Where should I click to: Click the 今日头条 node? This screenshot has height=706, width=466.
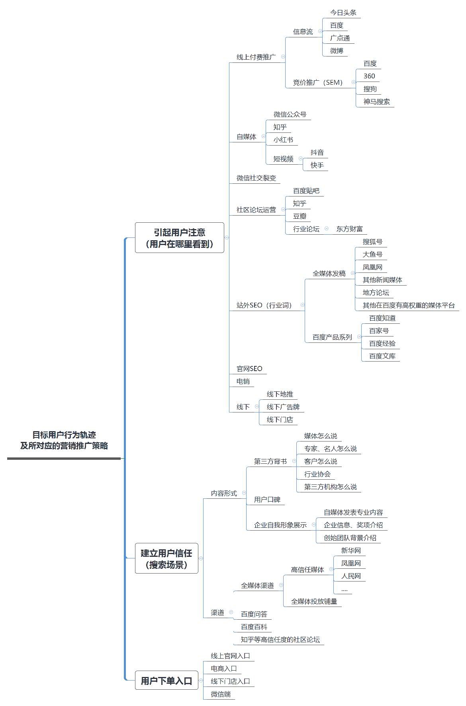click(x=343, y=13)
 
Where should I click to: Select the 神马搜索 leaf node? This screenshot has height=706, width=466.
click(x=376, y=102)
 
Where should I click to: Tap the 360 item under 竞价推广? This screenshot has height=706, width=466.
click(x=369, y=76)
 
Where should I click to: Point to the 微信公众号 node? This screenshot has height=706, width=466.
click(x=290, y=115)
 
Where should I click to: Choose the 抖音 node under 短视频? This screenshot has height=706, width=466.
click(x=317, y=153)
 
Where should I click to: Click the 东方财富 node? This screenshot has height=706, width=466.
click(x=349, y=229)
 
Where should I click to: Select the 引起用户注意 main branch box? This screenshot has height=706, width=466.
click(x=180, y=238)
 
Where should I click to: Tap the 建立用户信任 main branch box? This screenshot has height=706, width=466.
click(x=166, y=558)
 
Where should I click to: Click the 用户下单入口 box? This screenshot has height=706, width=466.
click(x=166, y=681)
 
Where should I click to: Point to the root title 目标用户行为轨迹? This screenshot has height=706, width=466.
click(x=64, y=435)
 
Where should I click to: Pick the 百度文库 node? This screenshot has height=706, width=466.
click(x=382, y=356)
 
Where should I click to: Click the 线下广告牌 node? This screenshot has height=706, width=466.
click(x=283, y=407)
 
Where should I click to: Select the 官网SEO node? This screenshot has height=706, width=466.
click(x=249, y=369)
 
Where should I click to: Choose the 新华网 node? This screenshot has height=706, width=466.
click(x=351, y=551)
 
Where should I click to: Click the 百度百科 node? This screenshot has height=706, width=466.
click(x=254, y=627)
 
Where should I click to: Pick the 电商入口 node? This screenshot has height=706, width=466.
click(x=224, y=669)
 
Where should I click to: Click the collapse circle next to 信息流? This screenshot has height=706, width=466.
click(x=320, y=31)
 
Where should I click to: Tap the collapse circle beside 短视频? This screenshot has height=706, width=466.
click(x=300, y=158)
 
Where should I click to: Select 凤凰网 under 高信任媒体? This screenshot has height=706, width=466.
click(x=351, y=564)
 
